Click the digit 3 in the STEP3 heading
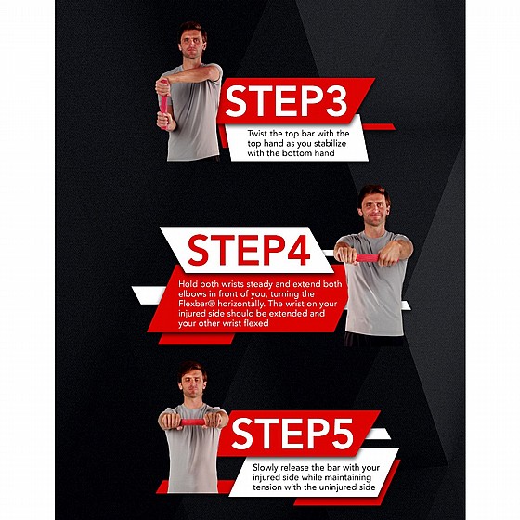click(x=333, y=101)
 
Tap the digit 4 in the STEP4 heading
click(x=298, y=250)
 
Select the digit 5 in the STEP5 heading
click(x=340, y=434)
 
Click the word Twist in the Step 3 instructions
click(x=257, y=134)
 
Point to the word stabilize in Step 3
click(x=330, y=144)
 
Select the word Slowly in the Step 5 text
click(x=265, y=468)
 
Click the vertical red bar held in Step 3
click(x=163, y=104)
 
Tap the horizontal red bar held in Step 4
click(x=368, y=258)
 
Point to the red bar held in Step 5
click(x=193, y=422)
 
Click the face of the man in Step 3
click(x=191, y=45)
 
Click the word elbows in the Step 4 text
click(x=190, y=294)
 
